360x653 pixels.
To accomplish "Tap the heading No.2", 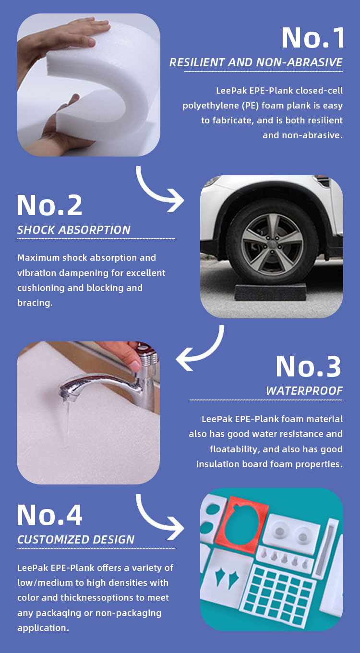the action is click(x=49, y=205).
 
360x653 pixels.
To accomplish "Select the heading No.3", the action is click(x=309, y=366).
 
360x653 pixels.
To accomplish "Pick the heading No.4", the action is click(x=49, y=515).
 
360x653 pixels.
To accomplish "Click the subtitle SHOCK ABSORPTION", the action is click(x=74, y=230).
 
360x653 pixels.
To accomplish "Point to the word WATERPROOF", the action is click(x=304, y=391).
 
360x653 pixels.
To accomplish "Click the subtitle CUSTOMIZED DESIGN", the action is click(x=76, y=540).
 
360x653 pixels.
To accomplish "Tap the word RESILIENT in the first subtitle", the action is click(x=197, y=62).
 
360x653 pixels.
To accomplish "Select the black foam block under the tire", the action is click(x=270, y=292).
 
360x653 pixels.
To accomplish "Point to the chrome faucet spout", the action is click(x=96, y=384).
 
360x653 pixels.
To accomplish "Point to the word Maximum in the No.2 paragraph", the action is click(x=38, y=258).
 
